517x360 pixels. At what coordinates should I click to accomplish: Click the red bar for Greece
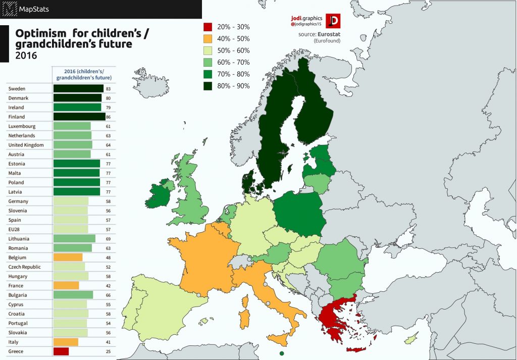pos(61,351)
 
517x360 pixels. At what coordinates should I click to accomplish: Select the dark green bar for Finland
pos(79,117)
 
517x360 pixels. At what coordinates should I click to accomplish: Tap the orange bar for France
pos(66,286)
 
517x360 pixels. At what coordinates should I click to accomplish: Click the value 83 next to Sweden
pos(108,89)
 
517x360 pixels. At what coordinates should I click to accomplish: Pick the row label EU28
pos(15,229)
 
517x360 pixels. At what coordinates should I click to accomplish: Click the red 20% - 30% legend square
pos(207,27)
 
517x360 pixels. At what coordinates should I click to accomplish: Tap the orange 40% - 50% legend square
pos(207,38)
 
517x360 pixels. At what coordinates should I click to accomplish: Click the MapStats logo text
pos(34,9)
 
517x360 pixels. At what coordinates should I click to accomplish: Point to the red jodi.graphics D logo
pos(333,21)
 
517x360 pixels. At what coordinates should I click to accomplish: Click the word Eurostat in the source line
pos(329,34)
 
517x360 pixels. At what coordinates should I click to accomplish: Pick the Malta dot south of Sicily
pos(281,353)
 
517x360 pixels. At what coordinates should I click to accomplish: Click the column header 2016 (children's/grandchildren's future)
pos(84,74)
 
